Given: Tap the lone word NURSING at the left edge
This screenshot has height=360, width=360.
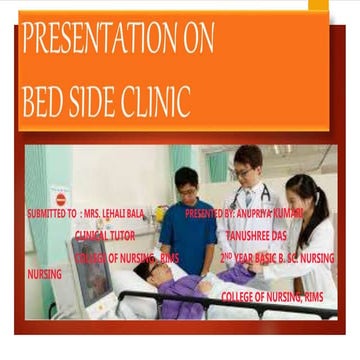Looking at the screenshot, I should click(43, 273).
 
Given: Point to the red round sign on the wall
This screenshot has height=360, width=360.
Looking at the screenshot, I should click(60, 199).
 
